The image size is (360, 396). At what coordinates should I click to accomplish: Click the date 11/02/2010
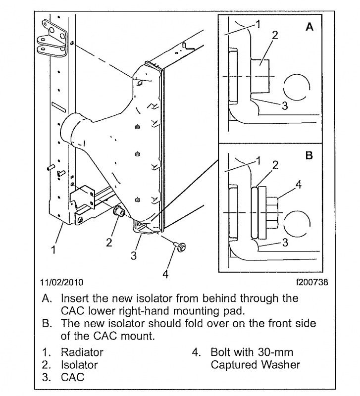(x=61, y=283)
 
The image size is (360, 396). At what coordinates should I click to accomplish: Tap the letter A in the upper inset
(x=309, y=28)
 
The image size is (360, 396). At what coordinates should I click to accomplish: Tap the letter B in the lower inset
(x=309, y=155)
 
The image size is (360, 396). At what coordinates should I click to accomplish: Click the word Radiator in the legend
(x=82, y=353)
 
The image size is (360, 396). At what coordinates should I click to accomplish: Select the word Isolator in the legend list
(x=79, y=365)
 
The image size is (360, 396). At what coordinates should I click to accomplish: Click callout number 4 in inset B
(x=299, y=184)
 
